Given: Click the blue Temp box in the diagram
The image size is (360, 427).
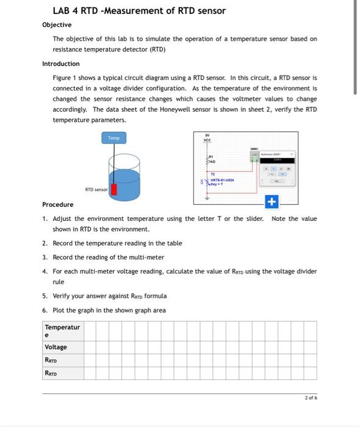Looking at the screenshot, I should [114, 138].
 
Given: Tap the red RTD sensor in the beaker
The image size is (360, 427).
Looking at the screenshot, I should [113, 188].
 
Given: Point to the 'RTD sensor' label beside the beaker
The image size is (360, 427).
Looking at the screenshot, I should [96, 190].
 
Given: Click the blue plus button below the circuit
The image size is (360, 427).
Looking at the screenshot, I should [272, 202].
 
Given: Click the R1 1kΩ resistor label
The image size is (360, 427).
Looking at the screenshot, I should [213, 160].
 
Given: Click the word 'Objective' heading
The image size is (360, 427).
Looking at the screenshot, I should [57, 24].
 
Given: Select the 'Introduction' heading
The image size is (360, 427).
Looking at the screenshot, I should [60, 63].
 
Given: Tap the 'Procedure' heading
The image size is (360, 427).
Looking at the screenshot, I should [57, 204].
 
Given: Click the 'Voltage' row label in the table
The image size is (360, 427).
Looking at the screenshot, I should [56, 347].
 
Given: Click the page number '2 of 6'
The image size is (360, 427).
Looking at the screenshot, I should [311, 397].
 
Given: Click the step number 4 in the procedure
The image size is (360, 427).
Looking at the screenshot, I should [45, 271].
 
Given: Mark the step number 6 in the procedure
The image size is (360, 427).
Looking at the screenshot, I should [45, 310].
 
